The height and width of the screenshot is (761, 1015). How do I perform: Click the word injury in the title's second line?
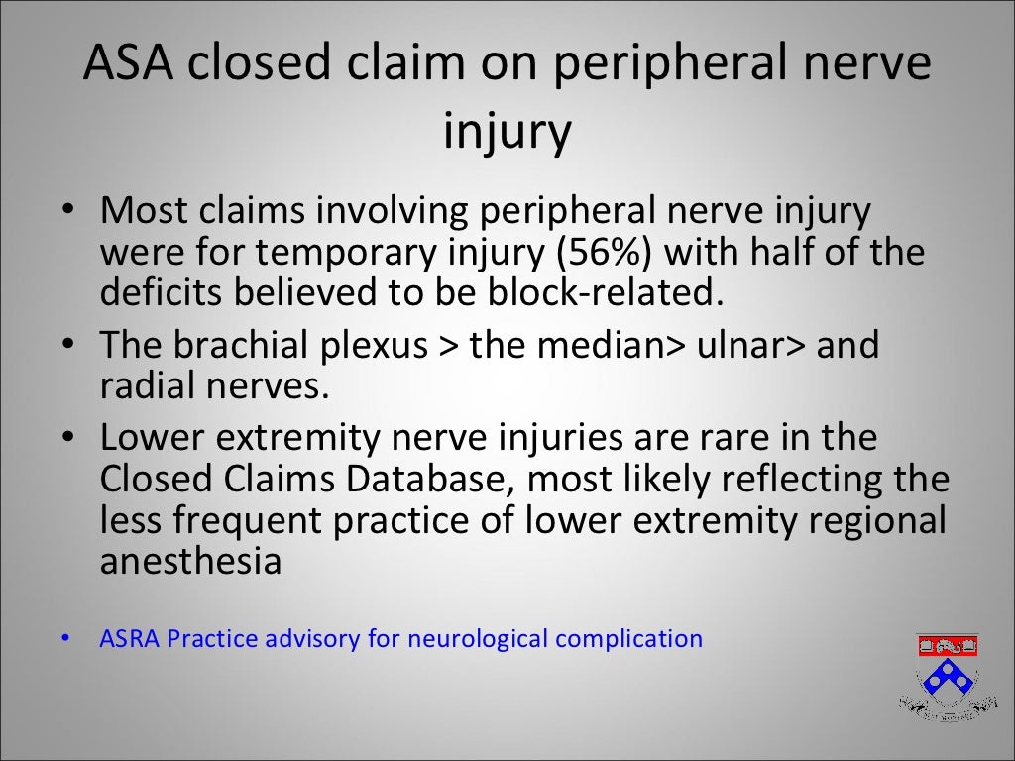coord(507,133)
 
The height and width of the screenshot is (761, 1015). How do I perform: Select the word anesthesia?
coord(191,561)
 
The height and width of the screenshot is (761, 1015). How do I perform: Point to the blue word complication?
coord(629,639)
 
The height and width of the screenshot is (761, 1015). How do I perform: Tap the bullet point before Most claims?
coord(65,212)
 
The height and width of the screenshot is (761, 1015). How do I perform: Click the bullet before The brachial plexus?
coord(65,347)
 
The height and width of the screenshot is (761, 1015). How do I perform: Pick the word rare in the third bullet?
coord(745,438)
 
